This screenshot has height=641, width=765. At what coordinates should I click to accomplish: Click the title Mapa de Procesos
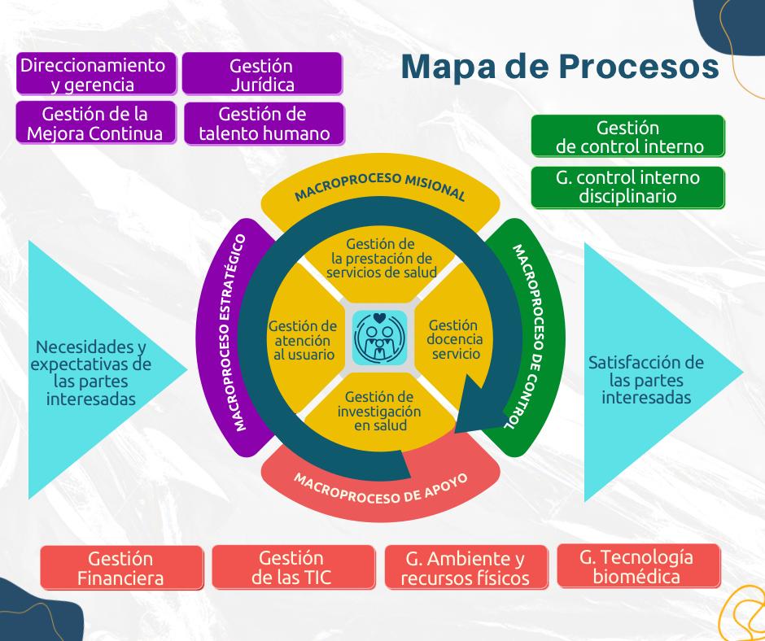560,68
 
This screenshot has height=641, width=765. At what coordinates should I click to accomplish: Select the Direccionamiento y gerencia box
98,74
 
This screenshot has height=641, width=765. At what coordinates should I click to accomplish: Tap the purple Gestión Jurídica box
261,74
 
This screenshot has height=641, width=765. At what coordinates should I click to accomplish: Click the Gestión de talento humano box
264,123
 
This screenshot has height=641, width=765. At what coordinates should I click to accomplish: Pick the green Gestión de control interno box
627,137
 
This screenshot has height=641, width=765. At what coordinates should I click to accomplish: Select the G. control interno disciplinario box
627,186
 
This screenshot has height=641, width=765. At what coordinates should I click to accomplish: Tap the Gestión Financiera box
121,568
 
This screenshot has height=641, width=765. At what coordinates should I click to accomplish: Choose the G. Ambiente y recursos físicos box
465,568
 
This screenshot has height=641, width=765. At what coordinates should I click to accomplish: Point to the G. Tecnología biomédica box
637,566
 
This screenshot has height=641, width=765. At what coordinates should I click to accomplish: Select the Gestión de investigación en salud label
379,411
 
